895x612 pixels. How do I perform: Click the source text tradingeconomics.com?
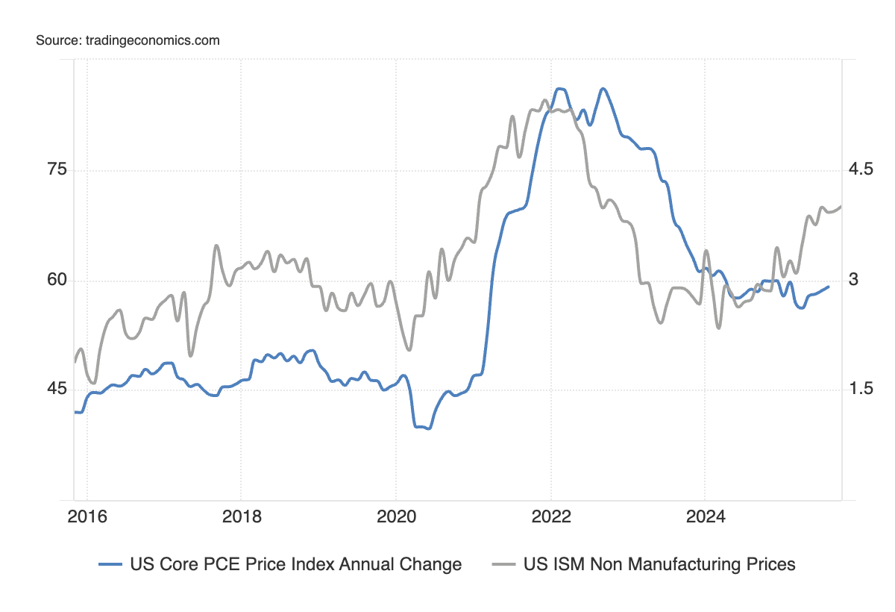(x=128, y=40)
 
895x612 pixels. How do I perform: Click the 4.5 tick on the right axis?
(x=861, y=169)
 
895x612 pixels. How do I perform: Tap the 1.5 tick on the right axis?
(x=861, y=389)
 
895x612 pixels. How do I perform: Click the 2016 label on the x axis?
(x=87, y=516)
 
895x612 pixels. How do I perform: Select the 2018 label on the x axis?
(x=241, y=516)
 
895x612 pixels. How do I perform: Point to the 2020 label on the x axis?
(x=395, y=516)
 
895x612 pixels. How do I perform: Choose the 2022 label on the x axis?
(x=550, y=516)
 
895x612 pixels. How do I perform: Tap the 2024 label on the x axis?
(x=705, y=516)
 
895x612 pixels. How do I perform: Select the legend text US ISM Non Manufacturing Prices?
(x=659, y=564)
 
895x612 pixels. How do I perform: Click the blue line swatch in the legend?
(x=110, y=565)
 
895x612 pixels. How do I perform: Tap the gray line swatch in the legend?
(x=503, y=565)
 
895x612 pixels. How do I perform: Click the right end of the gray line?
(x=841, y=206)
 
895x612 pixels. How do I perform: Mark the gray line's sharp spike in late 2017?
(x=216, y=246)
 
